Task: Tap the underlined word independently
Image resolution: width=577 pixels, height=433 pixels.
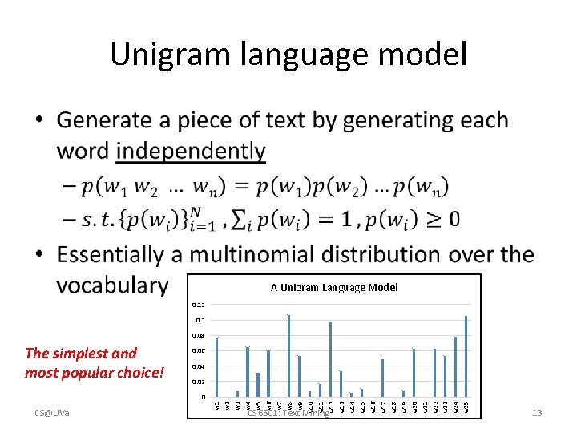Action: tap(191, 151)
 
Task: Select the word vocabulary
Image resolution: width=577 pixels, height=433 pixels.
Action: tap(113, 285)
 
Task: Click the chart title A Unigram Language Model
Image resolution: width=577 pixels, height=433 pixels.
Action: tap(333, 287)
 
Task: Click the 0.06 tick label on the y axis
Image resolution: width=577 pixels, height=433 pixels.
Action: tap(198, 351)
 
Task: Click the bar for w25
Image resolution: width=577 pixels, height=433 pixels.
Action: tap(466, 356)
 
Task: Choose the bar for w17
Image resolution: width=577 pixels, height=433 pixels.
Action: tap(382, 378)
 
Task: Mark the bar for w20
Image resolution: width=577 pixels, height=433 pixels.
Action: tap(414, 372)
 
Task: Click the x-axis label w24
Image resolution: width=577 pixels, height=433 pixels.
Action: tap(455, 407)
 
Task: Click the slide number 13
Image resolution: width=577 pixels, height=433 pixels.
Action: tap(537, 414)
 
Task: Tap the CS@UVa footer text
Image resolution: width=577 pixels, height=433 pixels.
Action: tap(51, 414)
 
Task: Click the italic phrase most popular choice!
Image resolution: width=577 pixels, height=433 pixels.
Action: tap(95, 373)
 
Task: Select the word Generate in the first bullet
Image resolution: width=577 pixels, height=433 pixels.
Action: tap(104, 120)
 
